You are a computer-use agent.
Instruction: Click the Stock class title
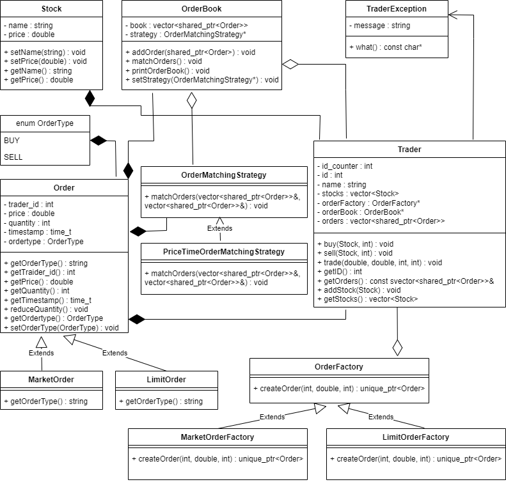click(x=51, y=9)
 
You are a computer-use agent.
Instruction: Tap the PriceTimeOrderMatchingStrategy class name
click(x=224, y=252)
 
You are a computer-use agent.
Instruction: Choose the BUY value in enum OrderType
click(x=12, y=140)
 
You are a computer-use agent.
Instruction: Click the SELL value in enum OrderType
click(x=13, y=157)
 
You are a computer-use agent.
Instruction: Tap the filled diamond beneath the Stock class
click(x=90, y=98)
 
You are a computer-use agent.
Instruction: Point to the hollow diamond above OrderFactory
click(x=397, y=347)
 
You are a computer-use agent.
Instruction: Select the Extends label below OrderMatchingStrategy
click(x=219, y=228)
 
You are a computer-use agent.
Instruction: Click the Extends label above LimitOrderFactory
click(x=381, y=417)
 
